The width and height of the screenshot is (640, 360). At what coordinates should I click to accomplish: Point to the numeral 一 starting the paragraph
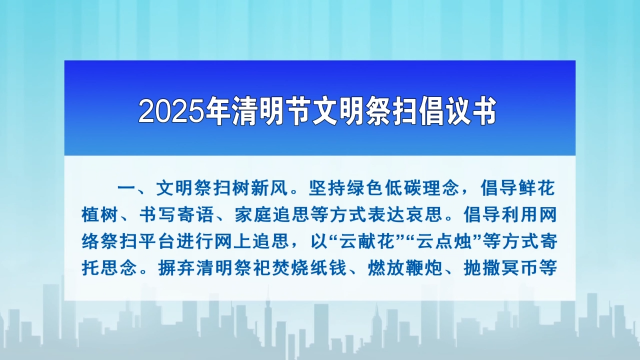[x=127, y=188]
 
